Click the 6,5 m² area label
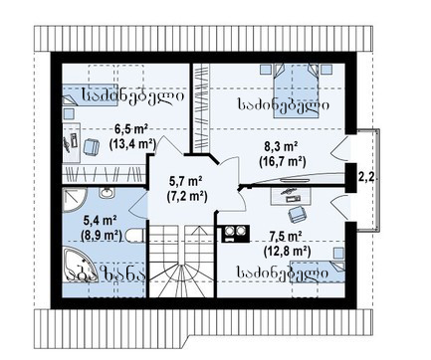131,129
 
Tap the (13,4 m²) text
132,143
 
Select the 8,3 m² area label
282,146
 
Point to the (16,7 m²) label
282,161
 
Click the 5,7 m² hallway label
186,181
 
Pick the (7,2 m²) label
187,196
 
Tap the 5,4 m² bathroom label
100,220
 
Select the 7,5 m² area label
286,238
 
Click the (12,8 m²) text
287,252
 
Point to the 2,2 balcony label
366,177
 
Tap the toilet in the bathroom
135,236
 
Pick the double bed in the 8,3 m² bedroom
296,90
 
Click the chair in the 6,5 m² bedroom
91,146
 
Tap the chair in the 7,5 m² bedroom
297,213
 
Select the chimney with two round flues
236,234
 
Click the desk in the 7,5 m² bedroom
291,195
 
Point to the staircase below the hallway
181,261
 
